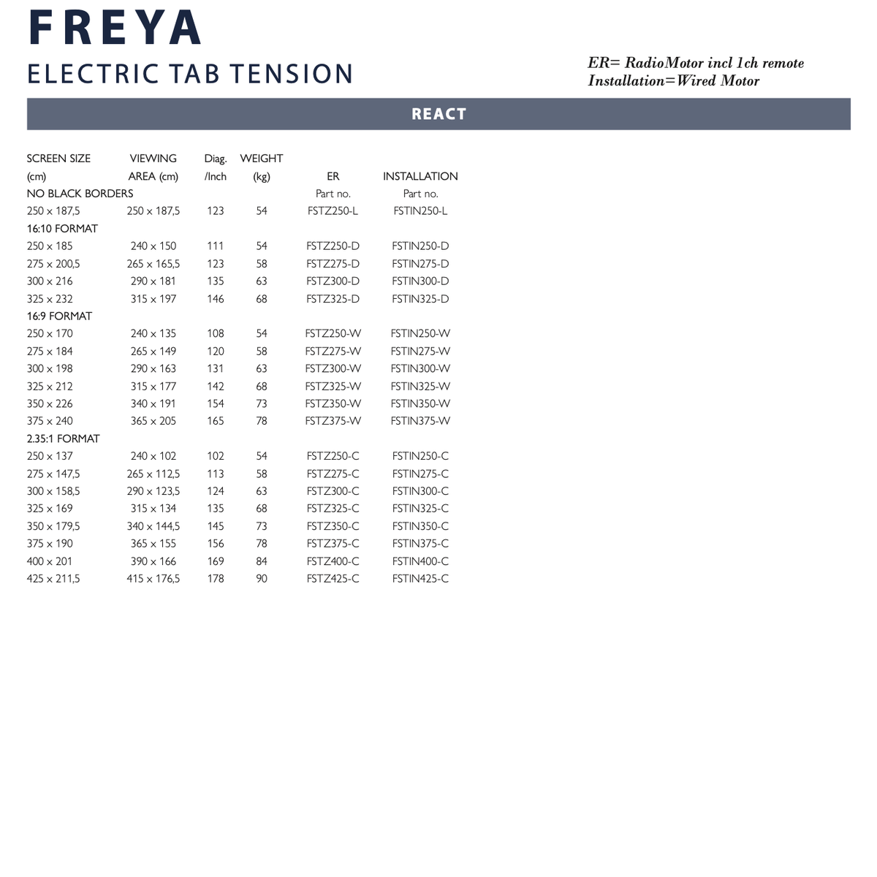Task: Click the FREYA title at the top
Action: (x=115, y=28)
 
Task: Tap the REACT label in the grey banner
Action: (x=438, y=114)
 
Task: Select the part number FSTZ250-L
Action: (x=333, y=211)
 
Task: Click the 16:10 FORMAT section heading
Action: (x=62, y=229)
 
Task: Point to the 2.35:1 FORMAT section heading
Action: (x=63, y=438)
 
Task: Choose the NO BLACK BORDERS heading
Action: (x=80, y=194)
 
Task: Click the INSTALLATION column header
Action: (x=420, y=176)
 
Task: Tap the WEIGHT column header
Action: (x=261, y=159)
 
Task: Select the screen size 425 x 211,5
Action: (x=53, y=579)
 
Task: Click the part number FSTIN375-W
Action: (x=420, y=421)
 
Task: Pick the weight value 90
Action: (x=262, y=579)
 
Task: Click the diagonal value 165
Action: (x=216, y=421)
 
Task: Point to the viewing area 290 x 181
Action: (x=153, y=281)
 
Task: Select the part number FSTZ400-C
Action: (x=333, y=561)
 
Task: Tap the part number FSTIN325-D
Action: (x=420, y=299)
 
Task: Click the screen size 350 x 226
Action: (x=50, y=403)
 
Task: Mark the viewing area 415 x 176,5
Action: (x=153, y=579)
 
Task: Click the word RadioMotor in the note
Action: (x=664, y=64)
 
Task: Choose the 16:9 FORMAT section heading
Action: (x=59, y=316)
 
